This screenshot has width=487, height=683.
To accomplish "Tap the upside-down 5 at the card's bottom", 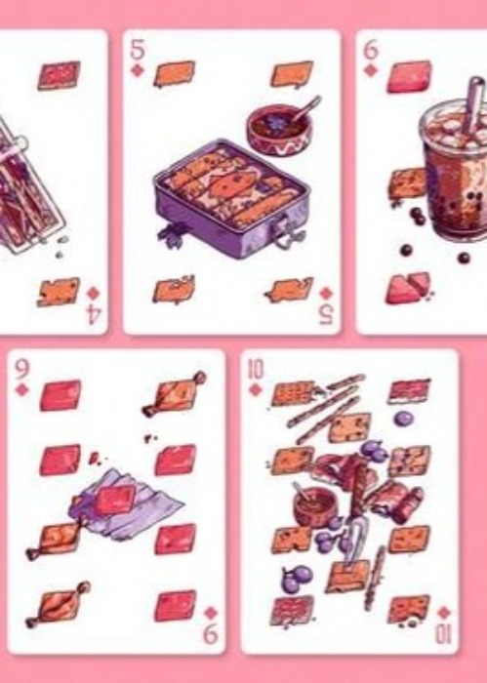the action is pyautogui.click(x=326, y=314).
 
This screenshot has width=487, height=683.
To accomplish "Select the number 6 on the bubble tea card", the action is pyautogui.click(x=370, y=50).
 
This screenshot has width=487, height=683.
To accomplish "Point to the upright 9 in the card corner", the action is pyautogui.click(x=21, y=370).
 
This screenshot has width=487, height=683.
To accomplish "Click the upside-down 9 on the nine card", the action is pyautogui.click(x=211, y=634).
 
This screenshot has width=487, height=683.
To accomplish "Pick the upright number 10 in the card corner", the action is pyautogui.click(x=256, y=370).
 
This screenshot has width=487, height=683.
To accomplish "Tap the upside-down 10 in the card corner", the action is pyautogui.click(x=444, y=634).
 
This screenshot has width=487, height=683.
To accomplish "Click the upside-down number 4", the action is pyautogui.click(x=94, y=314).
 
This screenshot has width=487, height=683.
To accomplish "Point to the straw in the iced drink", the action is pyautogui.click(x=474, y=104).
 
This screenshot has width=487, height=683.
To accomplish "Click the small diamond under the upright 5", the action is pyautogui.click(x=138, y=70).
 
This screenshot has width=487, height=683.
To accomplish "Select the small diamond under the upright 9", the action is pyautogui.click(x=21, y=390).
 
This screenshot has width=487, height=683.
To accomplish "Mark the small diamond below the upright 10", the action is pyautogui.click(x=256, y=390).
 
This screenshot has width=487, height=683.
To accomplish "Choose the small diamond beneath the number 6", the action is pyautogui.click(x=370, y=70).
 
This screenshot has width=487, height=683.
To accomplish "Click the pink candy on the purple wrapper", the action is pyautogui.click(x=115, y=500).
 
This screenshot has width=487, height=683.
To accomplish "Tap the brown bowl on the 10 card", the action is pyautogui.click(x=315, y=506).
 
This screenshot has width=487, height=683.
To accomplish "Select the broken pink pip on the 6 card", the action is pyautogui.click(x=408, y=288).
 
